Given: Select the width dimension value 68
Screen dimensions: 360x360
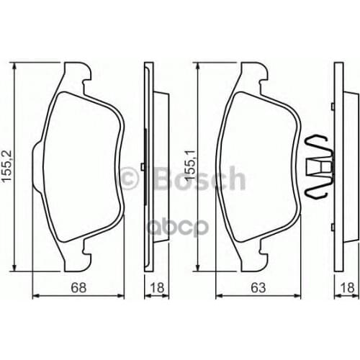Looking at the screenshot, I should click(x=79, y=288).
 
